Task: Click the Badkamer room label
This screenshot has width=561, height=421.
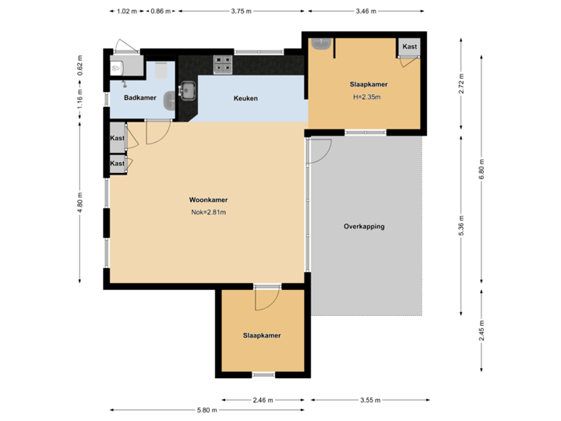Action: click(139, 97)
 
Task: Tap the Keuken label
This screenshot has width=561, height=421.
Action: click(245, 98)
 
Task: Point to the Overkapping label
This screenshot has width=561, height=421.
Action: click(364, 227)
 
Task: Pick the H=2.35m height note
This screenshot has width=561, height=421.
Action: click(369, 97)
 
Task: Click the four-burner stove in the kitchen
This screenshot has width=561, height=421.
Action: click(224, 64)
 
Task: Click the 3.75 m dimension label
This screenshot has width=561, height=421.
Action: click(242, 12)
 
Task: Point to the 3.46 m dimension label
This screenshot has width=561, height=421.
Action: click(365, 12)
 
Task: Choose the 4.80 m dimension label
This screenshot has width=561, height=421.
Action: click(80, 202)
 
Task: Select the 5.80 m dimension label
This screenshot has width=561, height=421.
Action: click(207, 410)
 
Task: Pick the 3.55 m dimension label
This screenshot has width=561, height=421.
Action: click(370, 400)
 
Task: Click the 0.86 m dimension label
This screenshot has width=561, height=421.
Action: click(161, 12)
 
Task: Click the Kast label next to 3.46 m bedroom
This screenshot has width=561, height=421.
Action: click(410, 47)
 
